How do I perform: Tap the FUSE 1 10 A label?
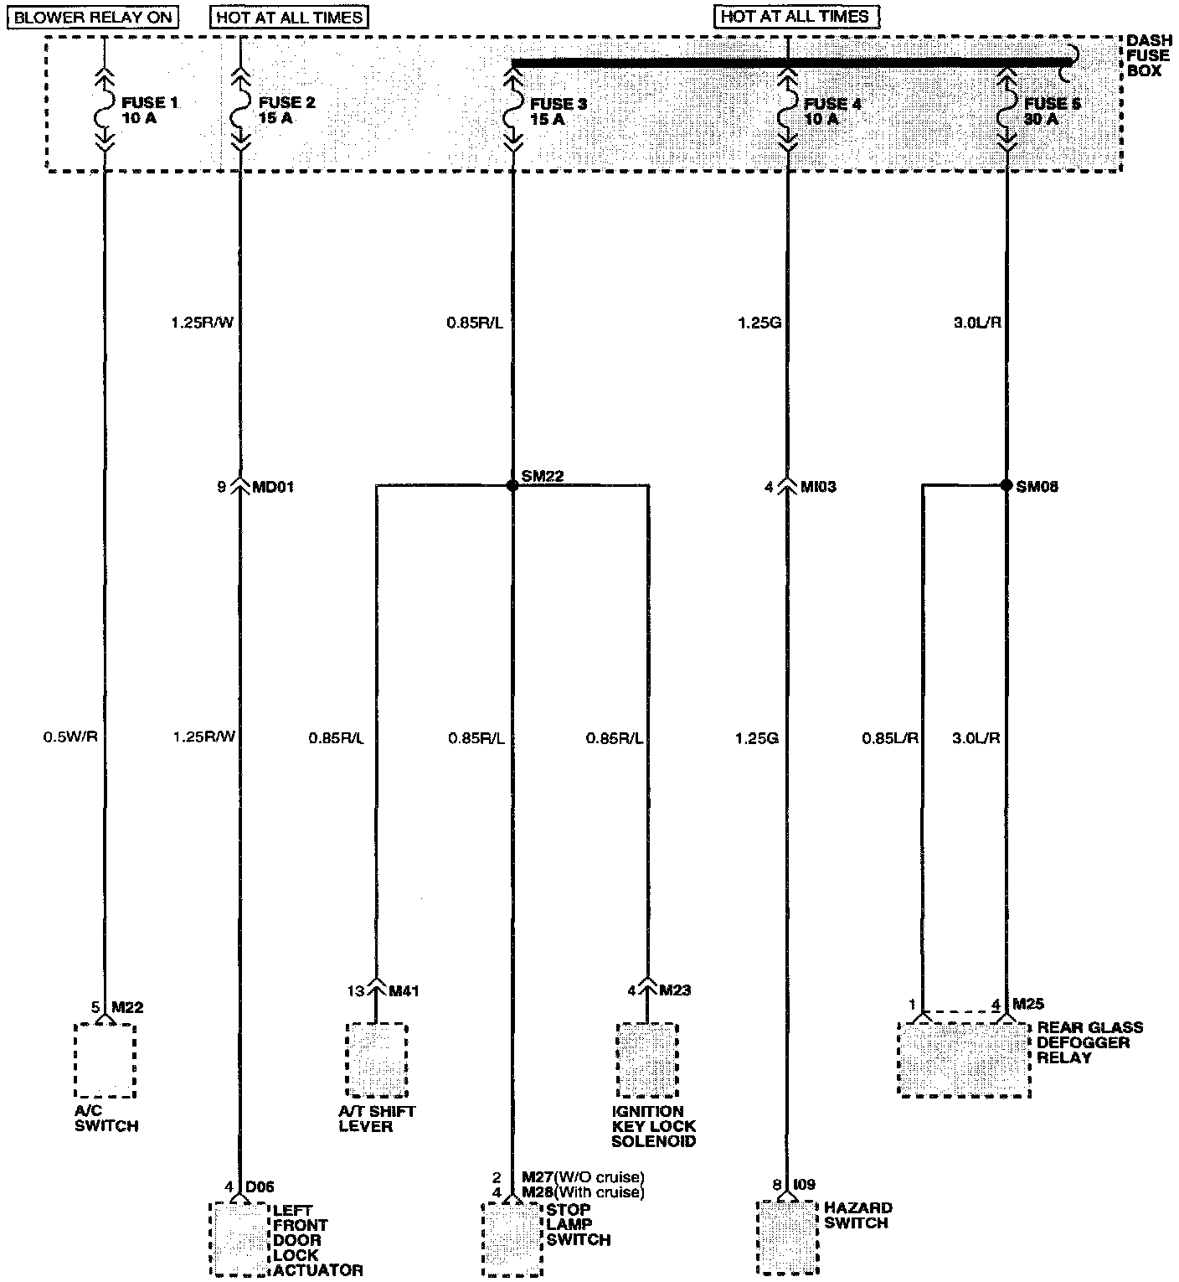tap(150, 111)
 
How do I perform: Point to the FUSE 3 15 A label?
tap(559, 112)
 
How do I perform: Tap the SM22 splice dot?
tap(512, 485)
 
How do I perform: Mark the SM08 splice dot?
tap(1007, 485)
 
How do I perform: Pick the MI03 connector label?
tap(818, 487)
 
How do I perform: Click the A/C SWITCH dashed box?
tap(105, 1060)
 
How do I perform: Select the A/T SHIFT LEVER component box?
tap(377, 1060)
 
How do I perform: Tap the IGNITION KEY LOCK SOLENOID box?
tap(647, 1060)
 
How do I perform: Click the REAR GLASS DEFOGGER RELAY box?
tap(964, 1058)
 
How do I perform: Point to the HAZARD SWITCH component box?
tap(786, 1236)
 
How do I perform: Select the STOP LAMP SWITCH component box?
tap(512, 1238)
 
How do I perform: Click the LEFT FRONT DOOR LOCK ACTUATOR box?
tap(240, 1238)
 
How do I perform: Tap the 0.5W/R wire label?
tap(71, 738)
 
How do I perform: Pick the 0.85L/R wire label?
tap(890, 738)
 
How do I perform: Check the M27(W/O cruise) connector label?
tap(582, 1177)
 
